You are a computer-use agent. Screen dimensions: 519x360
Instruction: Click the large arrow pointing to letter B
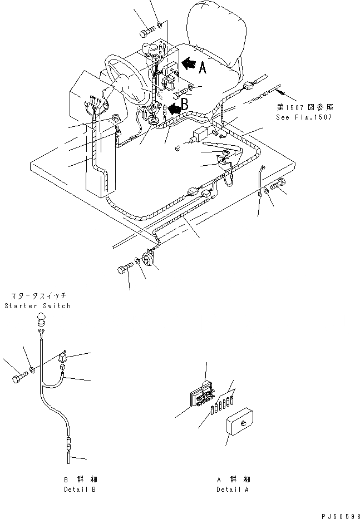(x=175, y=108)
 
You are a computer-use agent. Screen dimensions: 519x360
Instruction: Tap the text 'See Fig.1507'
(x=303, y=118)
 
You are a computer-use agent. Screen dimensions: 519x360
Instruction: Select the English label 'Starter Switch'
(x=37, y=306)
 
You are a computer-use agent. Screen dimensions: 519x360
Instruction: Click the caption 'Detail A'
(x=233, y=490)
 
